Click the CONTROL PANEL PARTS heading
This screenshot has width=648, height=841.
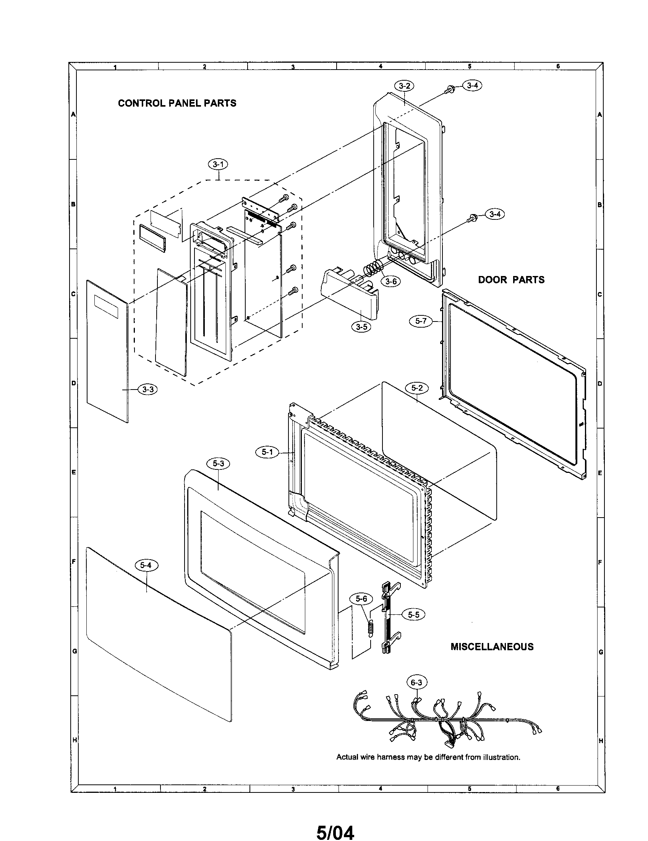177,103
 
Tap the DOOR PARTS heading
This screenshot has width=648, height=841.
511,280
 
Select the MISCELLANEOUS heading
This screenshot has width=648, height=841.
492,646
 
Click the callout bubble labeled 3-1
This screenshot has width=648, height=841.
218,164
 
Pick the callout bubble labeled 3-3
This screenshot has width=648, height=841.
148,389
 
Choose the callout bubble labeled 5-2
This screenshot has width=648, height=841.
417,388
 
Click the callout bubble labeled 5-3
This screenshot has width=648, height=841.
218,464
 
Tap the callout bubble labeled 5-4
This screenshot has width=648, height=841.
146,565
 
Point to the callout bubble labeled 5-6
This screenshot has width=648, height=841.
361,598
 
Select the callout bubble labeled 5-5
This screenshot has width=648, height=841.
414,615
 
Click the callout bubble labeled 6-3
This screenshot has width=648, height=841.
416,683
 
